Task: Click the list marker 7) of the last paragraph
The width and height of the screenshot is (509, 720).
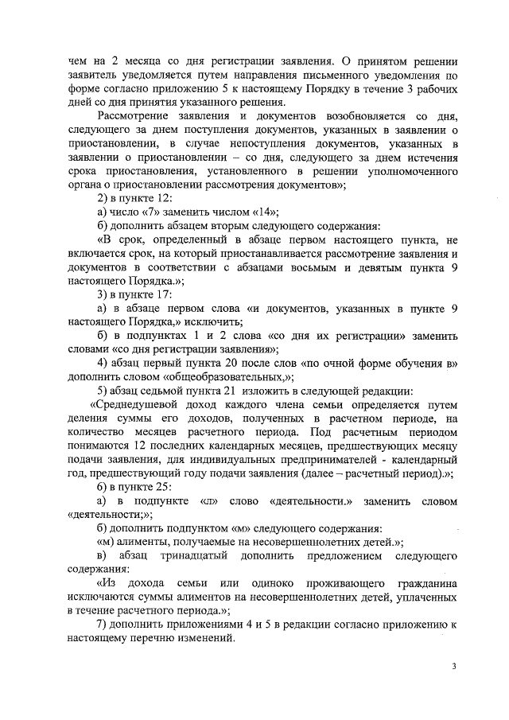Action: pos(103,625)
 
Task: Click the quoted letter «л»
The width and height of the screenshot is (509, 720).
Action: pos(208,501)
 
